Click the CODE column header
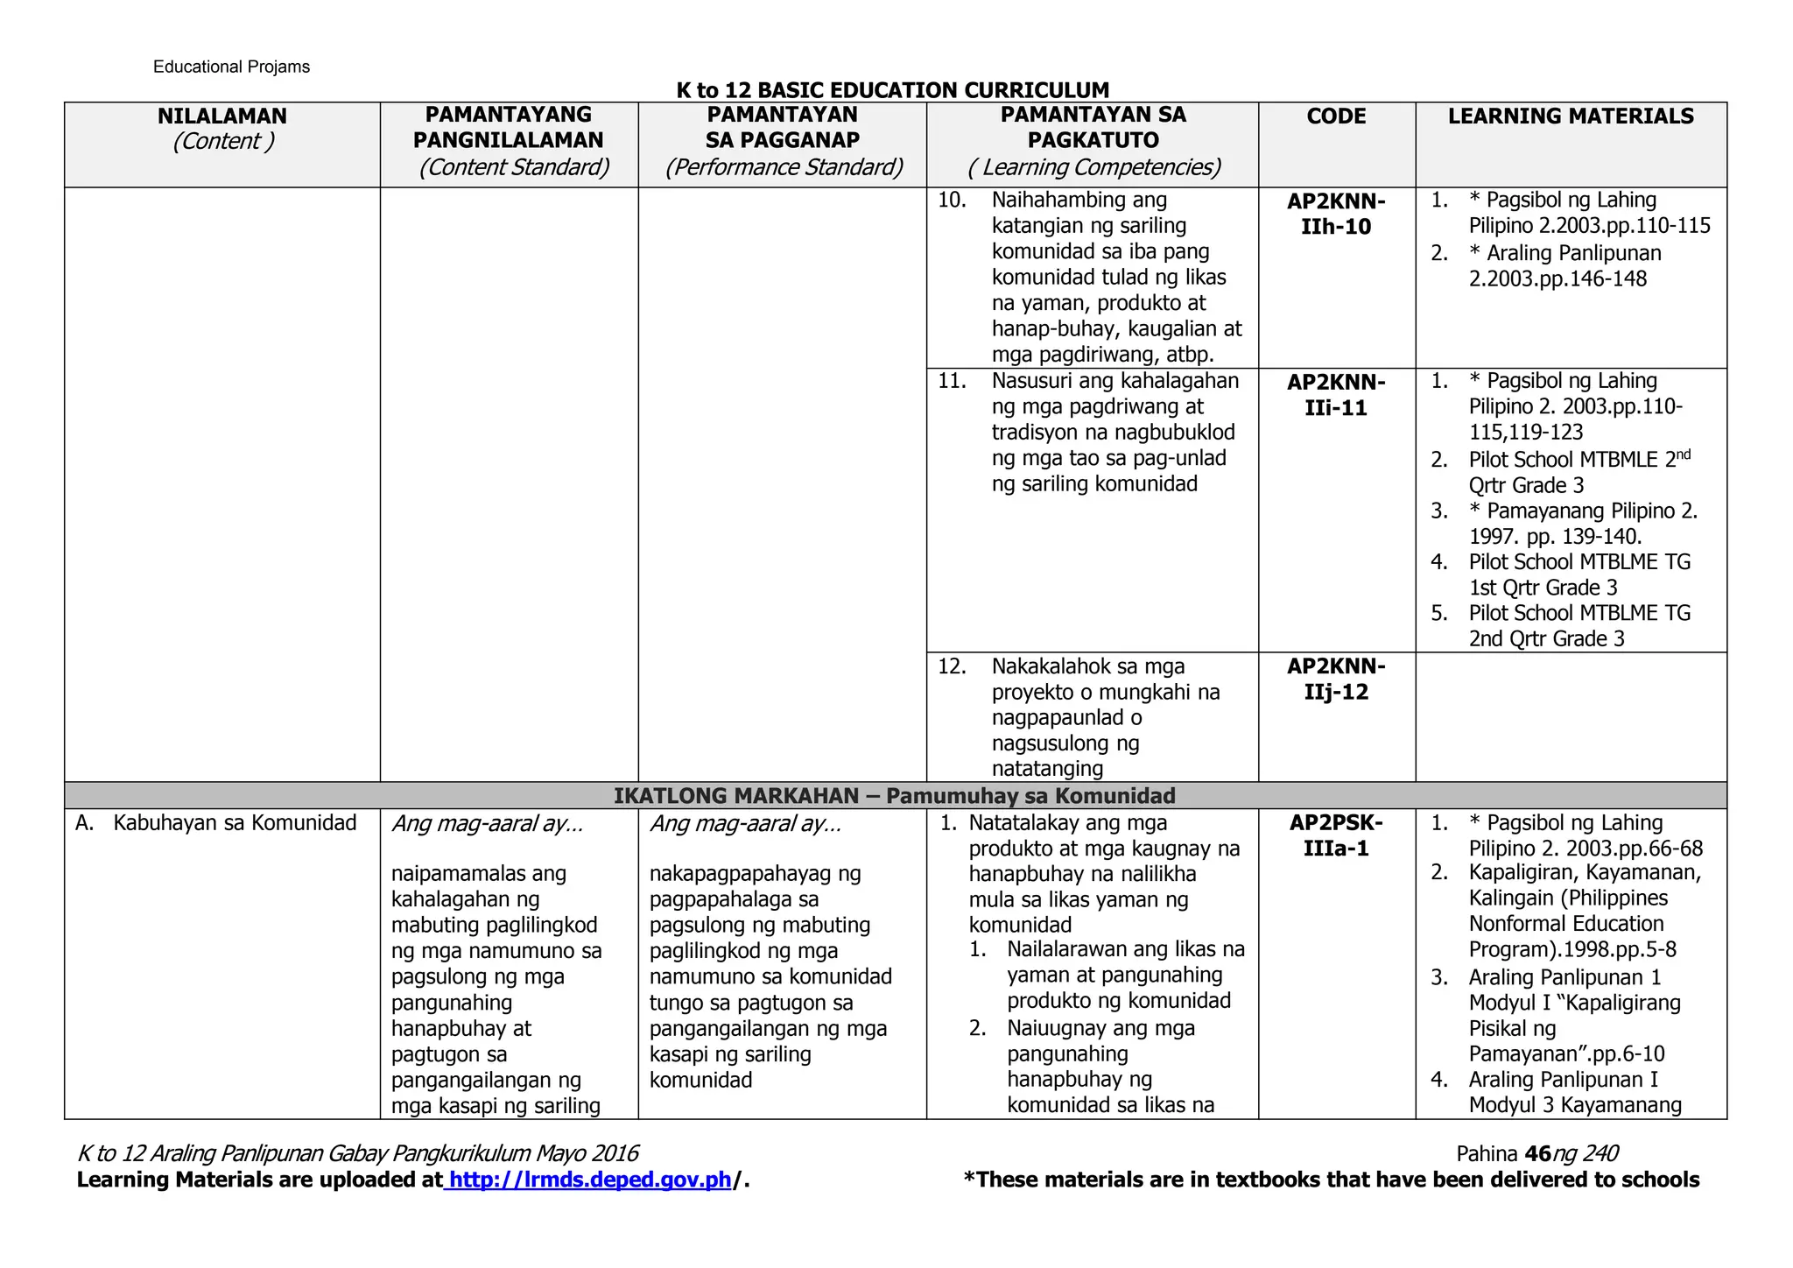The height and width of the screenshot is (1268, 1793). coord(1336,116)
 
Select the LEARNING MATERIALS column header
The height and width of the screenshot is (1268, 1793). coord(1571,116)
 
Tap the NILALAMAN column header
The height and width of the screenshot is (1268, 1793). coord(222,116)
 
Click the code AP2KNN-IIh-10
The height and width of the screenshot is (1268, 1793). coord(1336,214)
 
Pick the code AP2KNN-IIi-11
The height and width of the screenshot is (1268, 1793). coord(1336,395)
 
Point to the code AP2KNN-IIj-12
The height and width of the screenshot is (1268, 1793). coord(1336,679)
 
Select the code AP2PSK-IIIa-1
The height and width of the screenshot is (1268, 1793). coord(1336,835)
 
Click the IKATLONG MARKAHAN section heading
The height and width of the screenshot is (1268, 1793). coord(894,796)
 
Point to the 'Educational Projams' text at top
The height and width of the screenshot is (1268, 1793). coord(231,67)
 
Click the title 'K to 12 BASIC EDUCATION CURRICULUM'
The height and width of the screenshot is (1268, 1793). coord(892,90)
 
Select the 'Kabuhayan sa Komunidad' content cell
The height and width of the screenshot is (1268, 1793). coord(235,823)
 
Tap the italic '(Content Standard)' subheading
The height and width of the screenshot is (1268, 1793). coord(514,167)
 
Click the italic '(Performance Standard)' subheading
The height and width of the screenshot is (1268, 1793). coord(784,167)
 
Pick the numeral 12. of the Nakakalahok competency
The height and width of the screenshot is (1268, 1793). coord(952,666)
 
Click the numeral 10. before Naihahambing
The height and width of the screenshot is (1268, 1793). coord(952,200)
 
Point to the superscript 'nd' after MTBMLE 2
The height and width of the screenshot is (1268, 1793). coord(1683,454)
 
